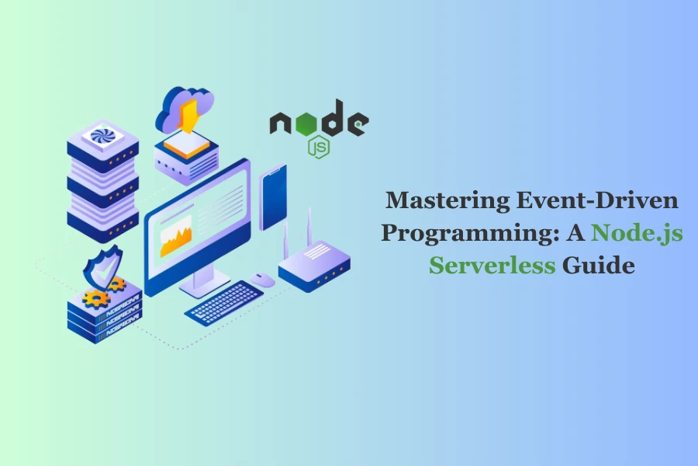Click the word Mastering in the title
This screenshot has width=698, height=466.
pos(447,200)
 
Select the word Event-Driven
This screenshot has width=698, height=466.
pos(597,200)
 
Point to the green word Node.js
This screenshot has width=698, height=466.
pos(637,232)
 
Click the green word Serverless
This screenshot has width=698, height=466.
pos(492,266)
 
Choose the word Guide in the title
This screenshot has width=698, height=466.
pos(598,266)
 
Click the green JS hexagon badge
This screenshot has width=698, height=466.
pos(319,147)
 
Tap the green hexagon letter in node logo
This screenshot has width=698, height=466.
pos(306,123)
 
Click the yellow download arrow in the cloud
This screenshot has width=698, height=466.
pos(190,116)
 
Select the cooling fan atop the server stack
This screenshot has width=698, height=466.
pos(103,137)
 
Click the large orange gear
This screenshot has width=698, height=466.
pos(95,299)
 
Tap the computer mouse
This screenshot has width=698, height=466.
pos(262,280)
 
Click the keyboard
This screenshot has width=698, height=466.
pos(224,303)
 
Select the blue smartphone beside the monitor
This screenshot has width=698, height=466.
pos(273,197)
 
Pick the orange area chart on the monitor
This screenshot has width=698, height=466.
pos(176,238)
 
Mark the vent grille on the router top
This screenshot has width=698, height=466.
pos(317,252)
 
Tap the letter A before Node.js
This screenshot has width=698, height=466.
pos(575,233)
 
